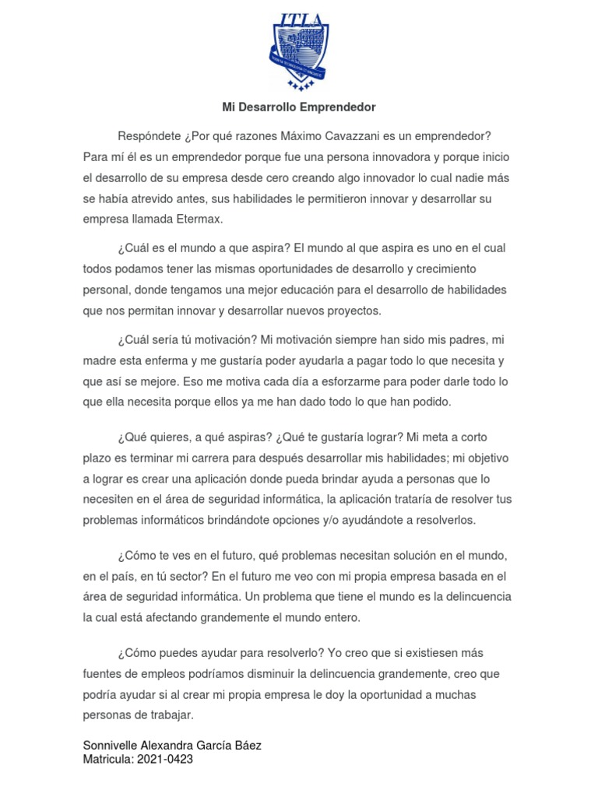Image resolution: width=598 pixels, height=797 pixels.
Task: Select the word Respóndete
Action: click(x=149, y=137)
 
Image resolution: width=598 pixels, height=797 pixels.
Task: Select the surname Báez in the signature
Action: click(x=244, y=745)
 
